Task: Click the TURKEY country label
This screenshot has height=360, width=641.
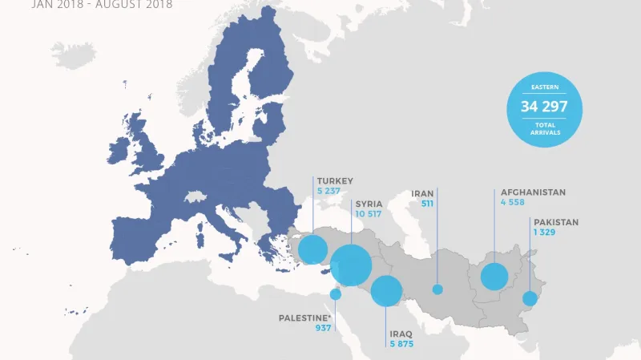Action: tap(334, 181)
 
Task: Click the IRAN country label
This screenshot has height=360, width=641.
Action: tap(422, 193)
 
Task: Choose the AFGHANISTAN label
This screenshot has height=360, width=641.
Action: tap(533, 192)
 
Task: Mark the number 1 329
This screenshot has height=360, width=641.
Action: tap(546, 233)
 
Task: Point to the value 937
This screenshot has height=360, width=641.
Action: tap(324, 329)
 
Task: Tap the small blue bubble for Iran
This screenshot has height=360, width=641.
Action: tap(437, 289)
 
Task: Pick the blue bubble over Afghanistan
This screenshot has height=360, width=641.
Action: tap(494, 277)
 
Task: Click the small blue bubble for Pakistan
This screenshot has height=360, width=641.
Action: tap(530, 298)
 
